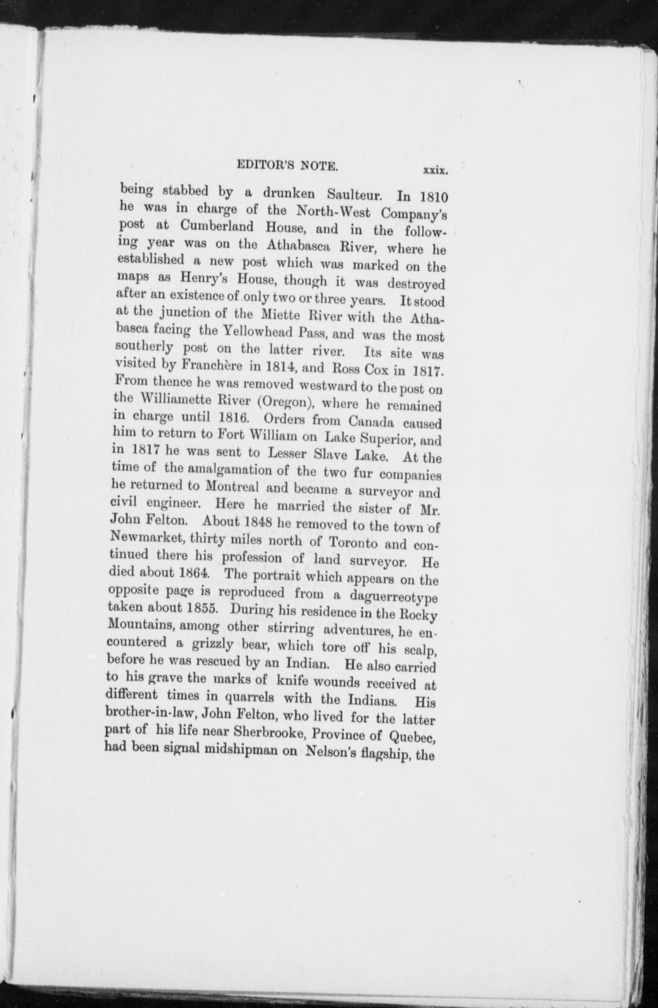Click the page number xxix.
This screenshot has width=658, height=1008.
tap(434, 171)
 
